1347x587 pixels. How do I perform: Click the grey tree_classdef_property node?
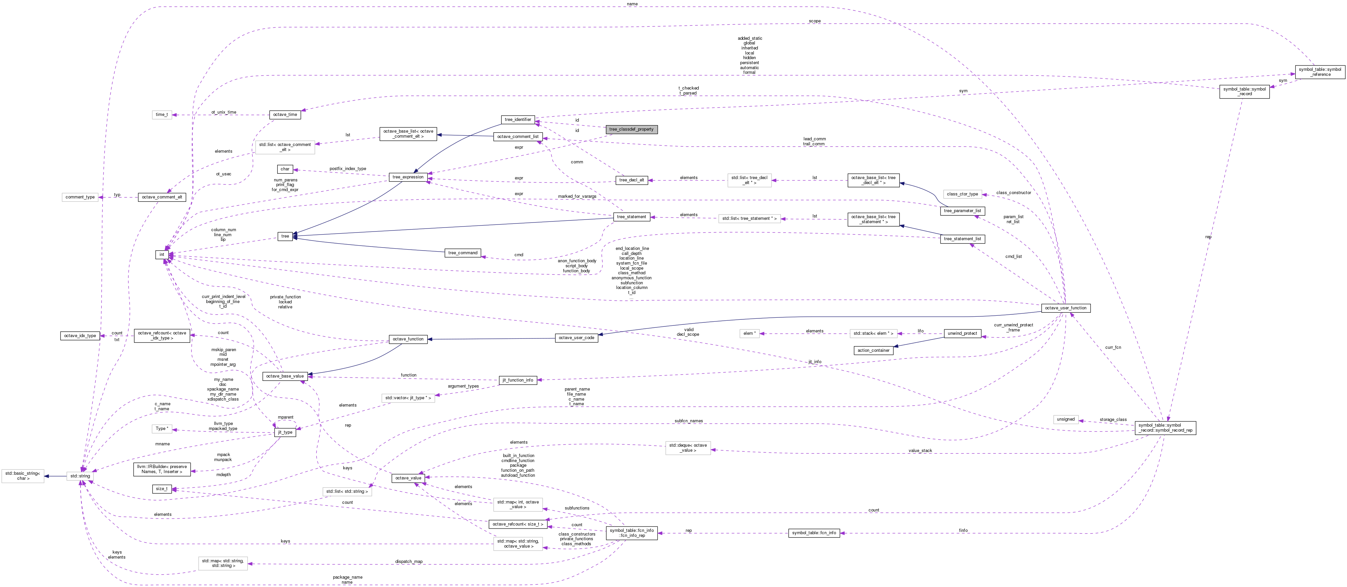click(631, 129)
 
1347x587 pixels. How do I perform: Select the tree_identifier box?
click(518, 120)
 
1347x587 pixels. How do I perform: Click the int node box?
click(162, 255)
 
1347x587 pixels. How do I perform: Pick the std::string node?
click(80, 476)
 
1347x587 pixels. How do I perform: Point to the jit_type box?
click(285, 433)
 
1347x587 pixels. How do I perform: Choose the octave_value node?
click(408, 478)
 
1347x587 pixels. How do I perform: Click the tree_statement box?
click(631, 216)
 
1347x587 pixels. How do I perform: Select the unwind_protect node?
click(962, 333)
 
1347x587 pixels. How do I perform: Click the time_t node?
click(162, 115)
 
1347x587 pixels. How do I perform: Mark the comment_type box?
click(80, 197)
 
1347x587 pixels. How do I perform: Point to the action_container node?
click(873, 350)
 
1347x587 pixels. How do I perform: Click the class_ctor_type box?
click(962, 194)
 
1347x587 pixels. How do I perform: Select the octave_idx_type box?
click(80, 336)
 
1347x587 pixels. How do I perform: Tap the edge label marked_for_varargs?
click(577, 196)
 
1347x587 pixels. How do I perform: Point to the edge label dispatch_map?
click(408, 561)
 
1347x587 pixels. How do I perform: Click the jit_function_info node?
click(518, 380)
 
